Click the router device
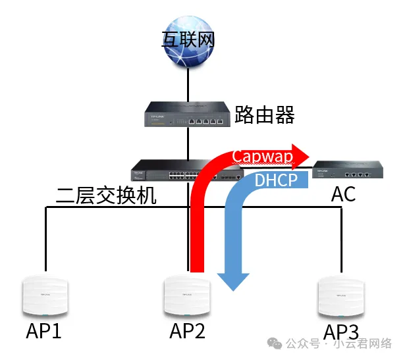(188, 113)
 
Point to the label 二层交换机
(106, 195)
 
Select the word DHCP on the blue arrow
(277, 180)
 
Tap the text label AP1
(43, 331)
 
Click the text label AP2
(187, 331)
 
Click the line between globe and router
(188, 82)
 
